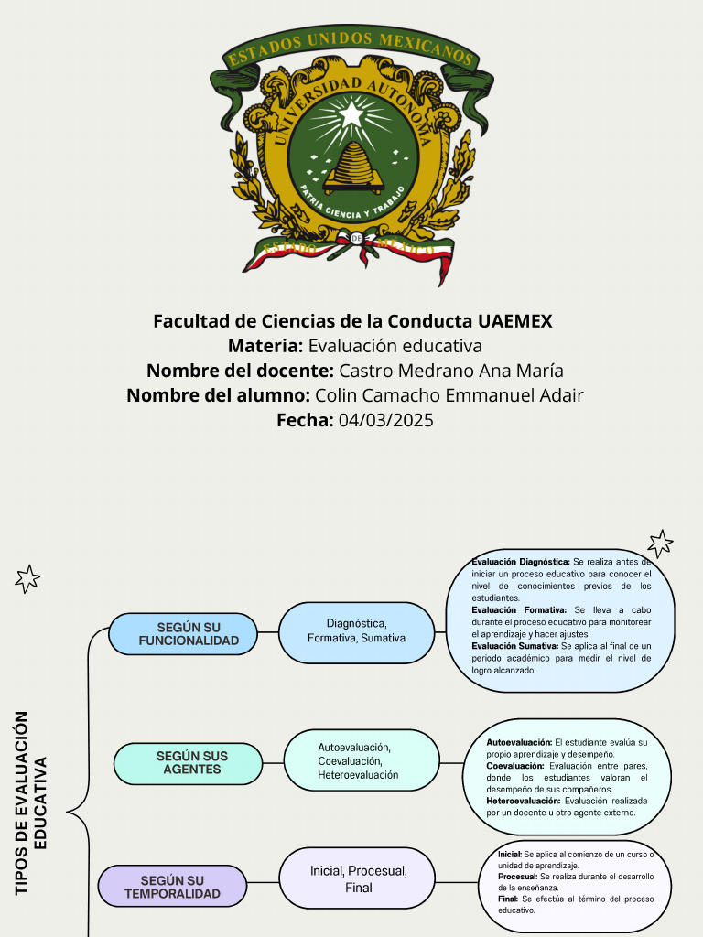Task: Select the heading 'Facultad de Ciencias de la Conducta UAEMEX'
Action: (x=352, y=321)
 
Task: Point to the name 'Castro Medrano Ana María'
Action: (x=450, y=371)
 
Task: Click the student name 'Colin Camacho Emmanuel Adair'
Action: (x=449, y=395)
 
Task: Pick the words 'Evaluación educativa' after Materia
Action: (x=395, y=346)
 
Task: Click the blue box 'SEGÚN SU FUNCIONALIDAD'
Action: (x=183, y=634)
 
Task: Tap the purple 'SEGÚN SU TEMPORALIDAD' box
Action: (x=172, y=887)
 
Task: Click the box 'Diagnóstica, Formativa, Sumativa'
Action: (x=356, y=630)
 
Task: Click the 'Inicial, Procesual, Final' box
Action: (x=358, y=879)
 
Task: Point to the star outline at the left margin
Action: (x=28, y=577)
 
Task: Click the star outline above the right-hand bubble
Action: (x=659, y=543)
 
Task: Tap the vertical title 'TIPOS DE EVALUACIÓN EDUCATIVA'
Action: (x=30, y=802)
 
